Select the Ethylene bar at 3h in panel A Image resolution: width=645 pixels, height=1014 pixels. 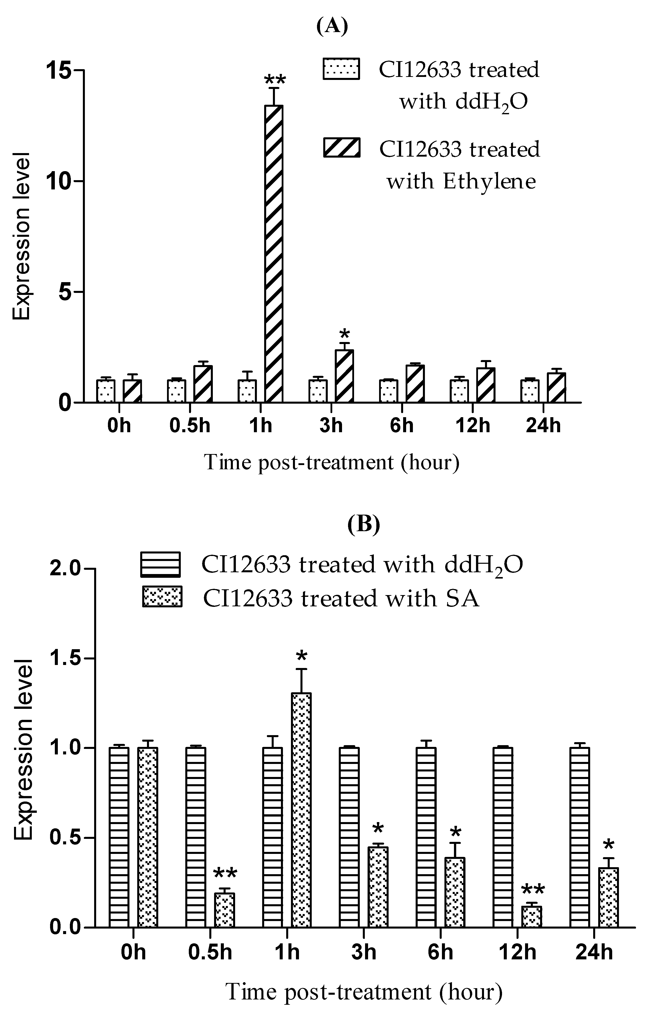coord(344,376)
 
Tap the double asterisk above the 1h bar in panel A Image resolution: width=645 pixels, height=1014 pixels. coord(274,80)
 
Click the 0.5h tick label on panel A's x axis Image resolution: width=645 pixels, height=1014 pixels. coord(190,425)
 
